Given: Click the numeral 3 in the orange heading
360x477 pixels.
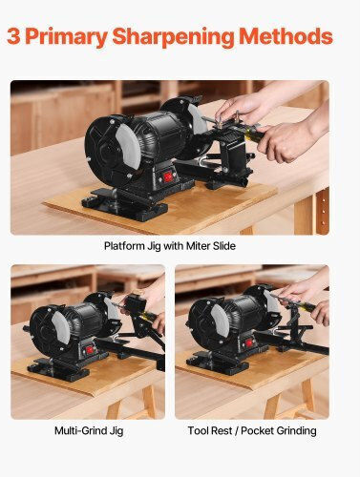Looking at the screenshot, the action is click(x=13, y=36).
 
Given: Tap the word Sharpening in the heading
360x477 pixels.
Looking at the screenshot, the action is click(x=174, y=37).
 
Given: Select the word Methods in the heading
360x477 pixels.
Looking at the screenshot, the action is click(x=286, y=36).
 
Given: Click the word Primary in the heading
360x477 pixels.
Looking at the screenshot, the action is click(x=66, y=37).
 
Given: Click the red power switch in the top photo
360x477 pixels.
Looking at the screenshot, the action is click(x=167, y=176).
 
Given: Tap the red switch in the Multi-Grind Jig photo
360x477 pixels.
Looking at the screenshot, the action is click(x=90, y=350).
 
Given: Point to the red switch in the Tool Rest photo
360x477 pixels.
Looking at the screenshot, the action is click(x=249, y=342).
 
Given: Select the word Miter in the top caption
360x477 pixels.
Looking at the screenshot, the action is click(x=198, y=246).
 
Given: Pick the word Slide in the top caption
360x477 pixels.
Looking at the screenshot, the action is click(x=223, y=246).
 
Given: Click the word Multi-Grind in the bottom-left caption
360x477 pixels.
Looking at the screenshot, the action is click(x=80, y=430).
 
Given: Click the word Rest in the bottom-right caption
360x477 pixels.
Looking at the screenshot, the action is click(x=222, y=430).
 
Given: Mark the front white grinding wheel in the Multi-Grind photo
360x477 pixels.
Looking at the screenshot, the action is click(x=61, y=327).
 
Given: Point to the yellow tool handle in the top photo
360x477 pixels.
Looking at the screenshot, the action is click(x=253, y=135).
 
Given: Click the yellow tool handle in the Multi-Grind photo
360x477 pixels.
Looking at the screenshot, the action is click(x=148, y=316).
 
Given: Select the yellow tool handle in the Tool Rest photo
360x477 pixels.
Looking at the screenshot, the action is click(x=307, y=307).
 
